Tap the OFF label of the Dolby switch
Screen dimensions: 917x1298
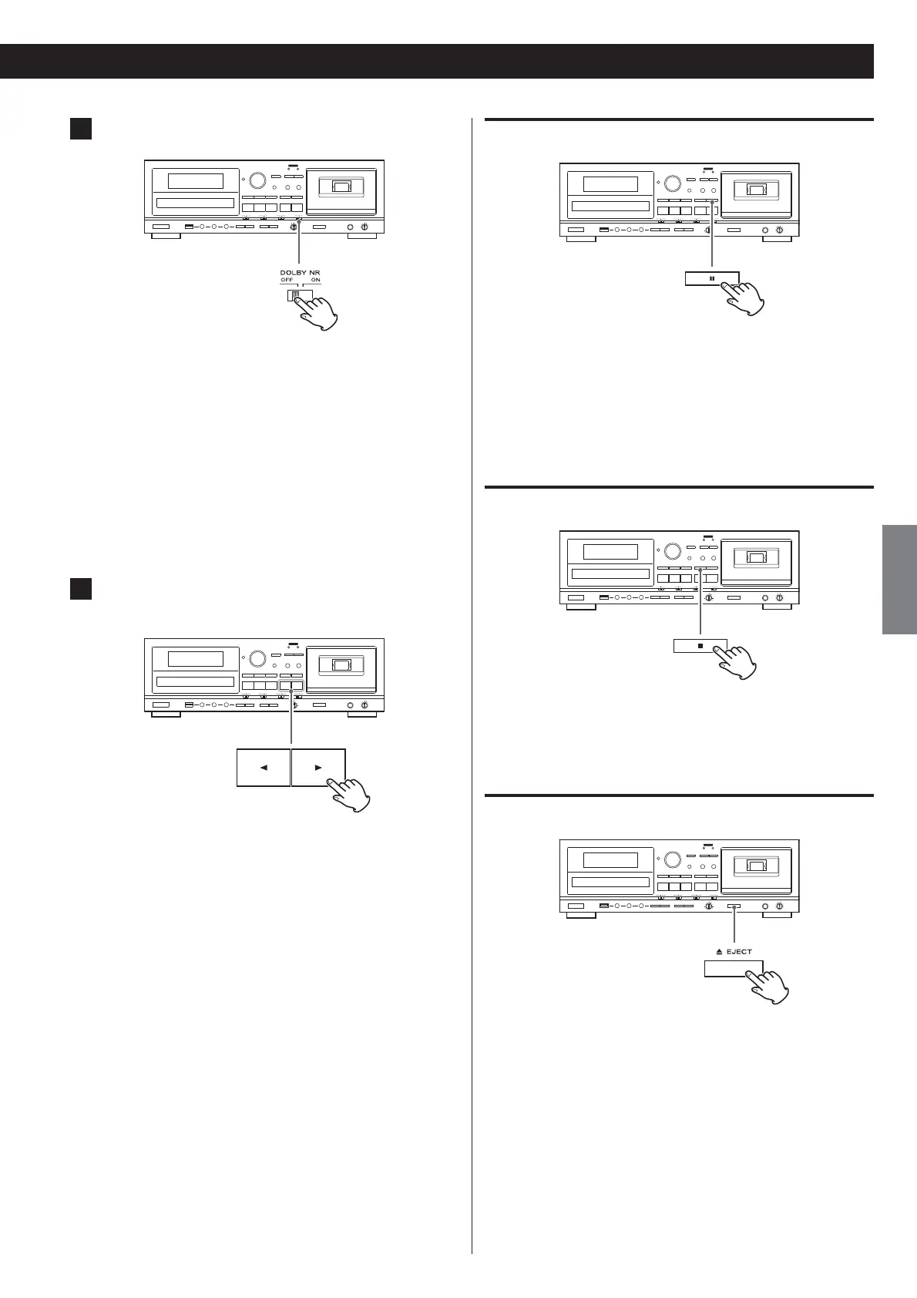[x=287, y=280]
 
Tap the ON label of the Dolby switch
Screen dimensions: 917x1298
[x=316, y=280]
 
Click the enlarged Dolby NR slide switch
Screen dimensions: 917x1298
[x=296, y=294]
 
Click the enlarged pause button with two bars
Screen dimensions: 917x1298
[x=711, y=279]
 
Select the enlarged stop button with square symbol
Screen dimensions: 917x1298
[x=700, y=646]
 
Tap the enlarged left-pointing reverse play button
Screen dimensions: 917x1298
[x=264, y=768]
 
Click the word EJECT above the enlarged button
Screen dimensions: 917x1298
[x=739, y=952]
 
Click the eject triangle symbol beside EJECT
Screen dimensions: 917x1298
[x=717, y=952]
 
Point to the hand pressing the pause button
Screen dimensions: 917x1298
[x=744, y=297]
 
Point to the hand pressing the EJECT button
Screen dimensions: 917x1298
[x=768, y=985]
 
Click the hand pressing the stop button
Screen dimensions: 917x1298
[x=737, y=661]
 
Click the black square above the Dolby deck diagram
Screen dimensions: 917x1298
[x=81, y=128]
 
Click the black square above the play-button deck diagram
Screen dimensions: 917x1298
[x=81, y=588]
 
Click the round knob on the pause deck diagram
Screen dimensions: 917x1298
[x=672, y=184]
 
